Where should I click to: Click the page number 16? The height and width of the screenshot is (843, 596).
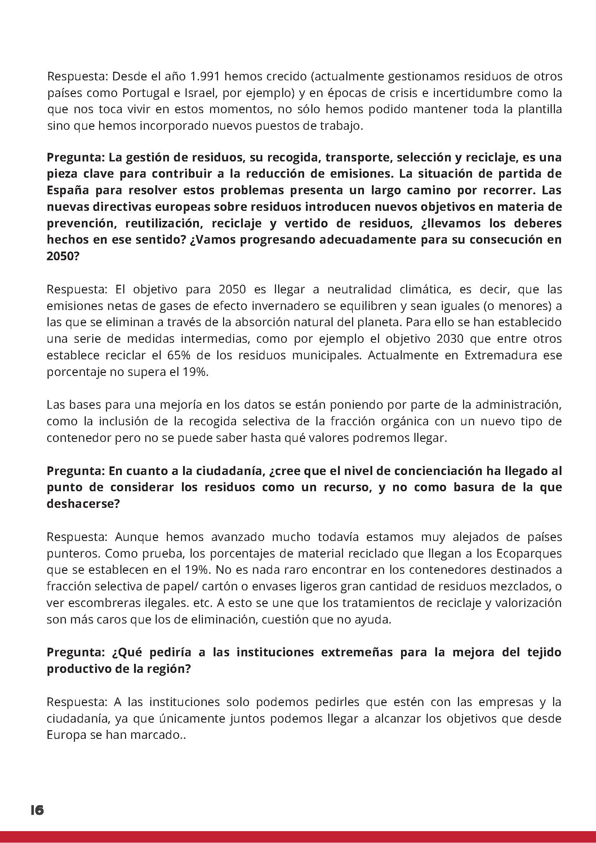[37, 807]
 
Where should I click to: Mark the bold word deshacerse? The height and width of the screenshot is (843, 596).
[83, 504]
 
